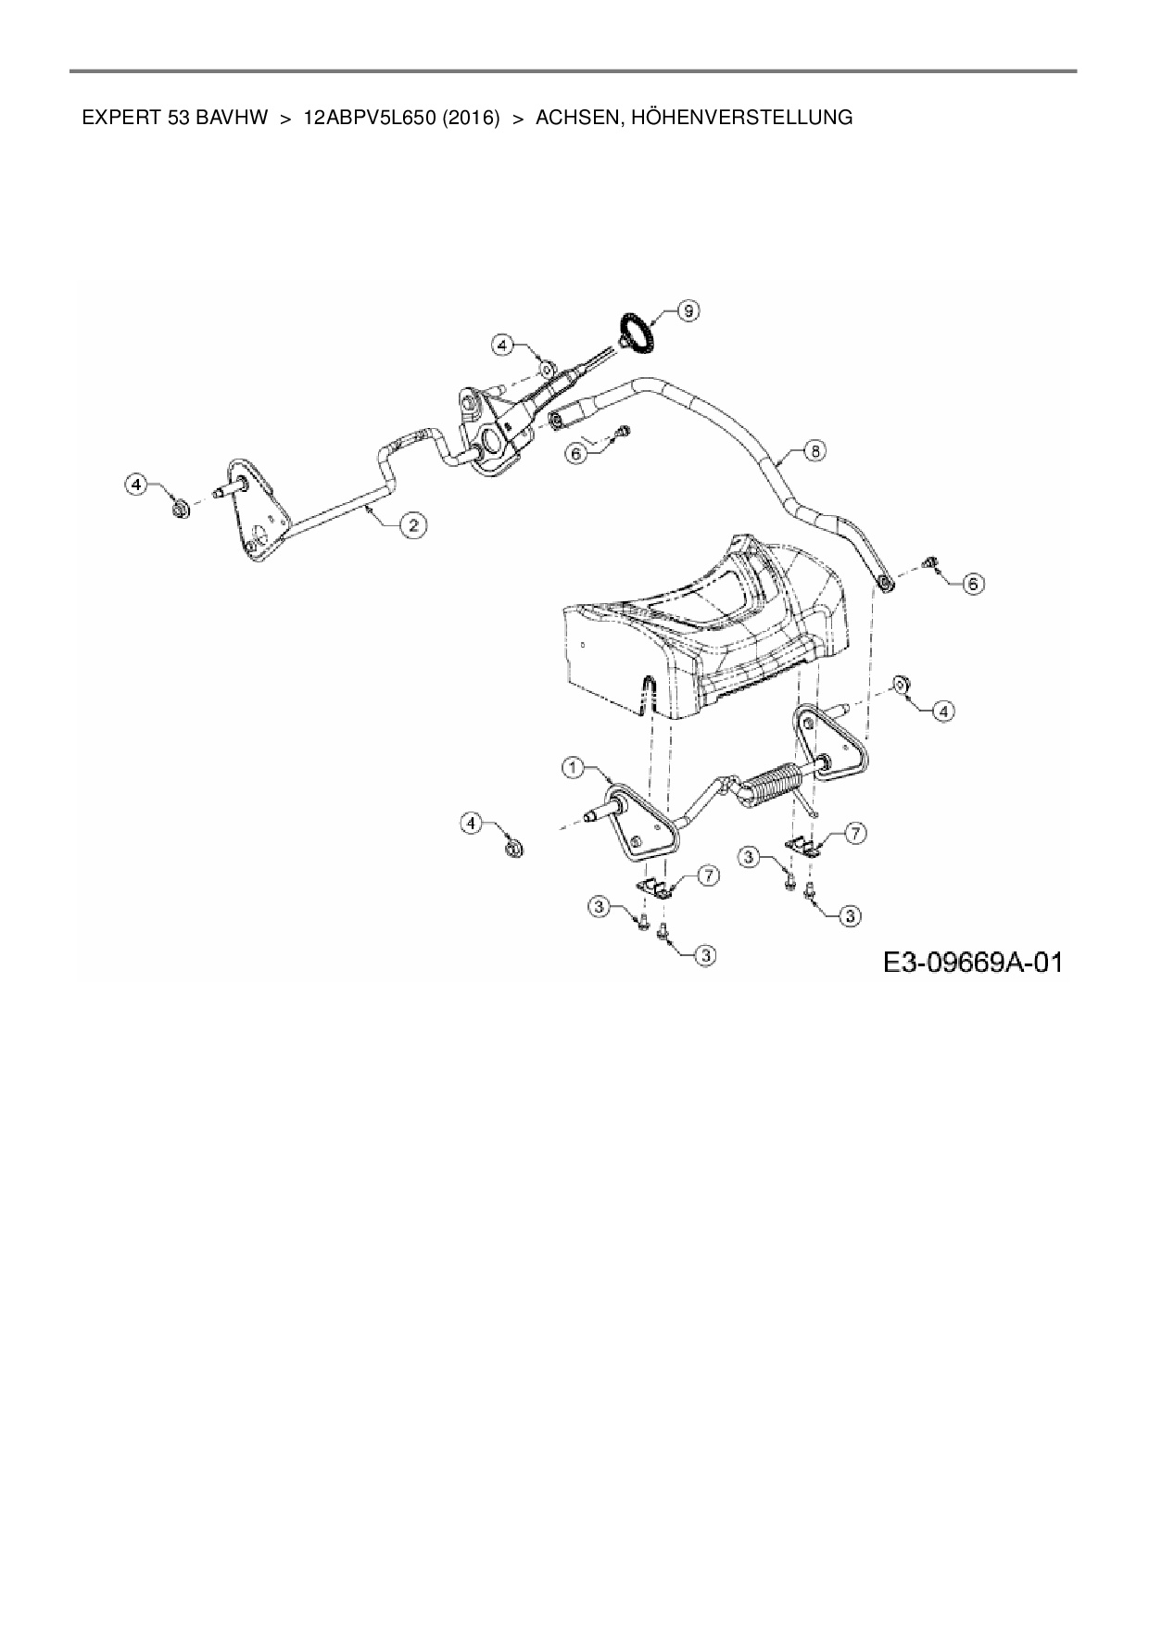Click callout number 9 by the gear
click(x=688, y=311)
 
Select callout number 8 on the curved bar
click(x=814, y=451)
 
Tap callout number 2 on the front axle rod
click(x=412, y=525)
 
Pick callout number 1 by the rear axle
click(x=574, y=767)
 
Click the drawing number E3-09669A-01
click(x=971, y=963)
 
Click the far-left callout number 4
click(x=137, y=484)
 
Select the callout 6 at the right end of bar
click(x=972, y=584)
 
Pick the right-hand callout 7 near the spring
click(x=854, y=835)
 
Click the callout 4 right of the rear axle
click(x=942, y=711)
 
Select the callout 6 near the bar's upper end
click(x=575, y=455)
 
